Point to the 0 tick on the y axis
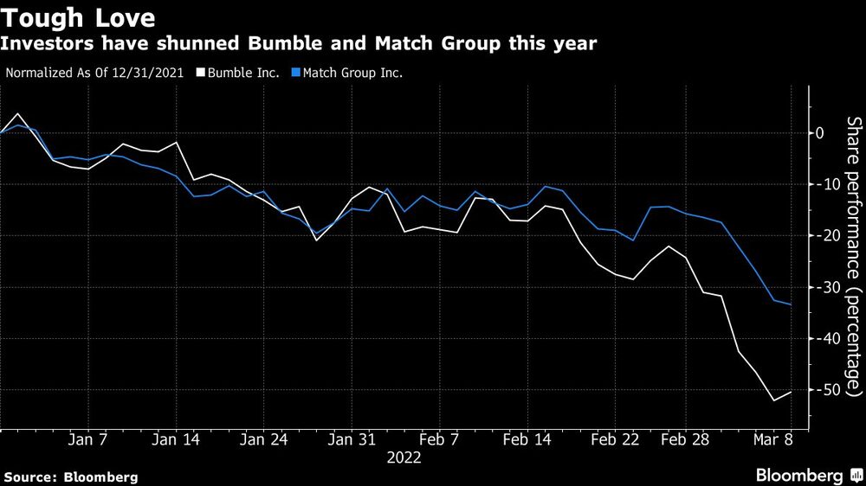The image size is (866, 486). (818, 133)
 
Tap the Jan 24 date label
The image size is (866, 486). (264, 440)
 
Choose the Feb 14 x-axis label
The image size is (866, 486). (527, 440)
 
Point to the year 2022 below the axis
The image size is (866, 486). (404, 458)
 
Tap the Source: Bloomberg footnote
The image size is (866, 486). (71, 476)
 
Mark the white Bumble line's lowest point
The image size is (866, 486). (773, 400)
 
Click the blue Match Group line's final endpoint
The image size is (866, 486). (792, 304)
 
